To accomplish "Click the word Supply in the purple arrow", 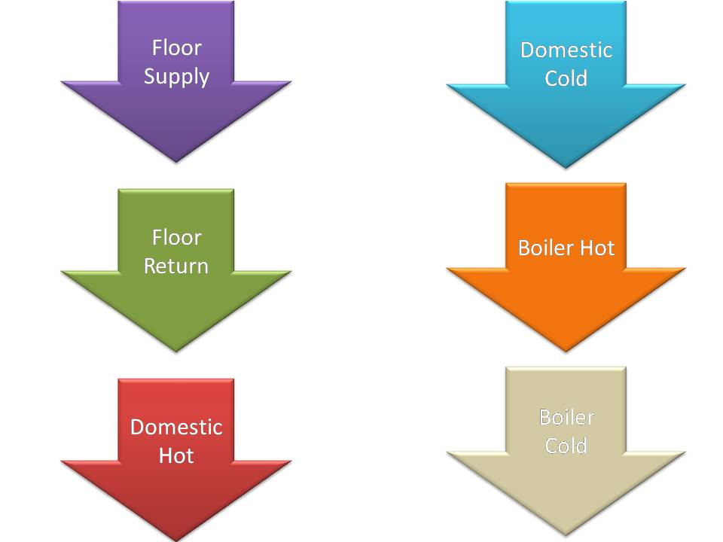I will click(x=176, y=77).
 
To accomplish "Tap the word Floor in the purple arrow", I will click(x=176, y=48).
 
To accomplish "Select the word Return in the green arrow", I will click(x=176, y=266).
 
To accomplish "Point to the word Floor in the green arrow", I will click(x=176, y=238).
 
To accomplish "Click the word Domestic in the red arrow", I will click(x=176, y=427).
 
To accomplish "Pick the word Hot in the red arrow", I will click(x=176, y=455).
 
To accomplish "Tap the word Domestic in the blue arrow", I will click(x=566, y=50).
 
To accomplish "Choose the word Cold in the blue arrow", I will click(x=566, y=78).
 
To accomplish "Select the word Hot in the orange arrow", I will click(x=596, y=248).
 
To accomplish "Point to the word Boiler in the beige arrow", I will click(x=566, y=417).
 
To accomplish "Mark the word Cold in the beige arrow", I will click(x=566, y=446).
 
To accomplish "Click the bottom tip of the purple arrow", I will click(x=175, y=161).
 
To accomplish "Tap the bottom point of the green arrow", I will click(x=175, y=350).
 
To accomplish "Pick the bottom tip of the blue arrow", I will click(x=566, y=166).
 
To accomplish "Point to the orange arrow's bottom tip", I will click(x=566, y=351).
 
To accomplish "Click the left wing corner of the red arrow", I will click(x=63, y=461).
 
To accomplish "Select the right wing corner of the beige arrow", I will click(x=685, y=452).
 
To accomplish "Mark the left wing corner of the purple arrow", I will click(x=63, y=82).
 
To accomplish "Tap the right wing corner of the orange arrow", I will click(x=685, y=269).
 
